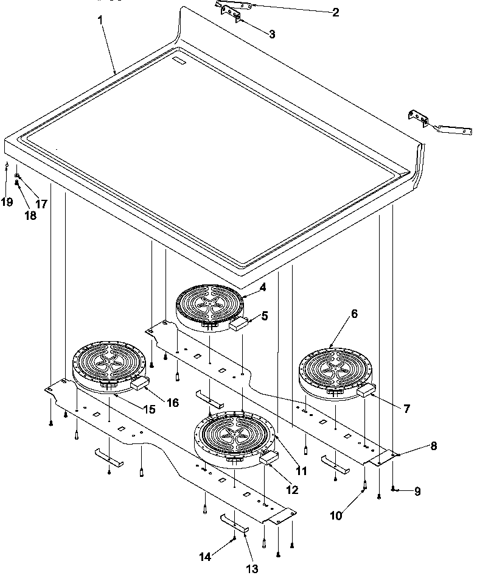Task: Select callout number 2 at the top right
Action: tap(336, 12)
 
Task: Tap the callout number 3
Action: tap(271, 34)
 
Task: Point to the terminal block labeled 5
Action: tap(238, 325)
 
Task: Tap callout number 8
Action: tap(433, 445)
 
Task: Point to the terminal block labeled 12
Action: tap(268, 459)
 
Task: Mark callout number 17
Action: tap(41, 204)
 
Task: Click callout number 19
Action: tap(7, 202)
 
